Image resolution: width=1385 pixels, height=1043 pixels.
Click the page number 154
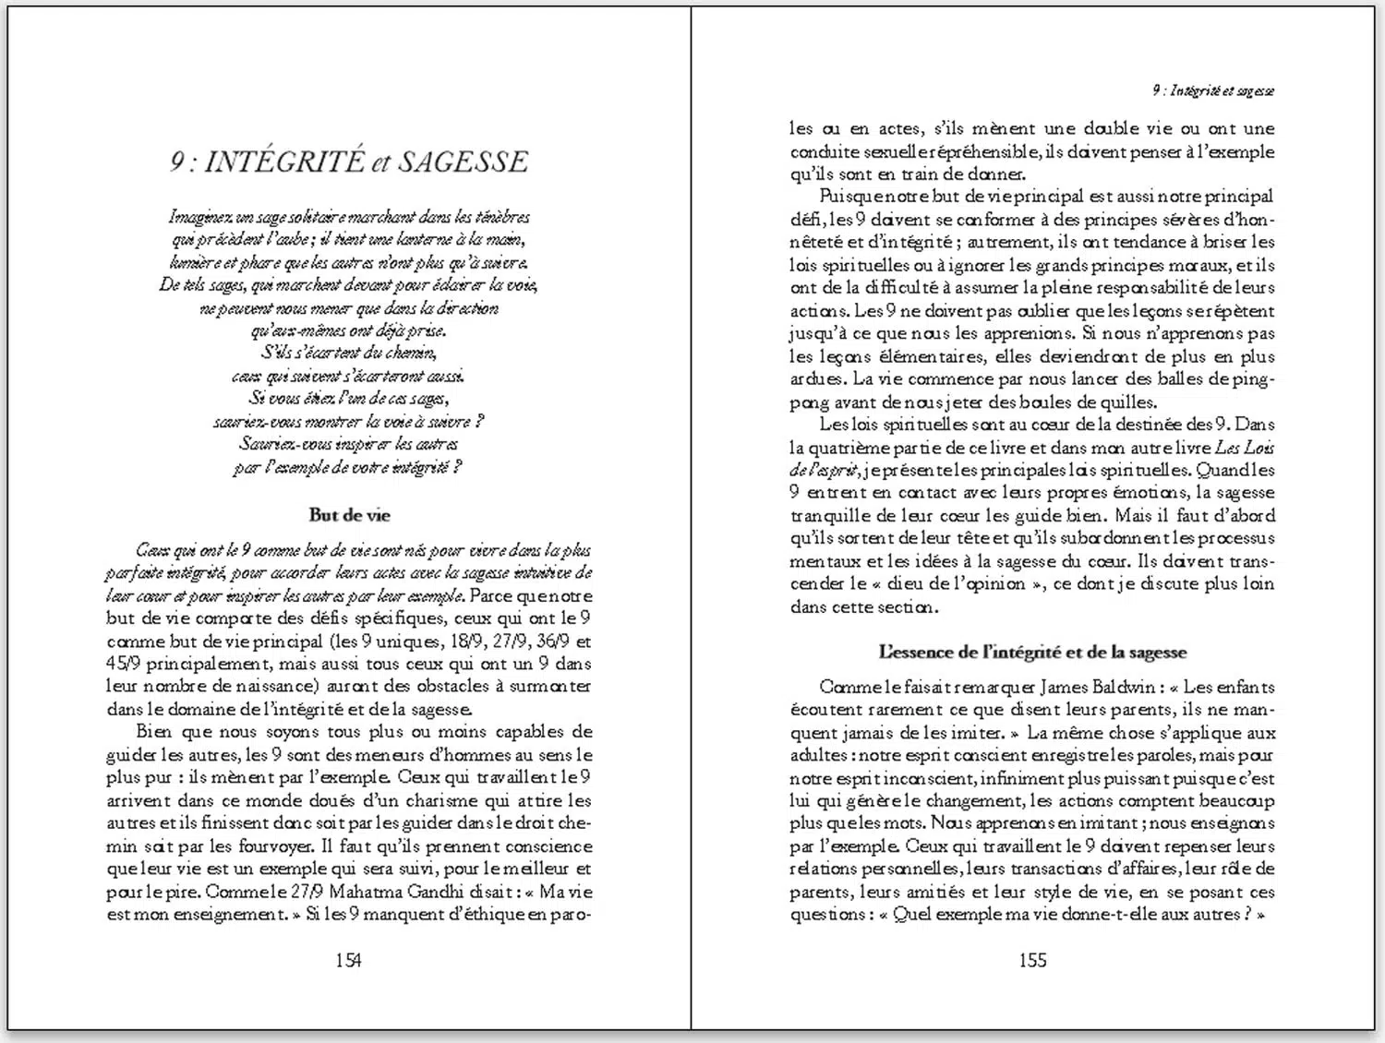click(348, 960)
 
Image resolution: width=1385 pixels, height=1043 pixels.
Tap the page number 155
click(1032, 960)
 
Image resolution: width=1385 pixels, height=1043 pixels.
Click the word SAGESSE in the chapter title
click(464, 162)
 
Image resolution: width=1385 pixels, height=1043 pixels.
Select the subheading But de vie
click(349, 515)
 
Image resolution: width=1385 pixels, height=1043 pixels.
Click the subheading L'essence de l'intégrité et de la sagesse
click(1032, 652)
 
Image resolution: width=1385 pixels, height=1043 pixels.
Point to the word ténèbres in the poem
click(501, 218)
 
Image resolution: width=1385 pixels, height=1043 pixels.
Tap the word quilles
click(1127, 402)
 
